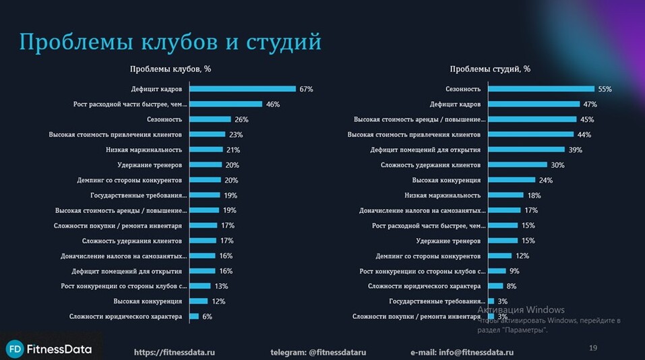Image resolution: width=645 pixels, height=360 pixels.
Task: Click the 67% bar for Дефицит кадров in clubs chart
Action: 243,89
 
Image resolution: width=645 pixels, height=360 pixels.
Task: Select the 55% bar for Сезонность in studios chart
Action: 541,89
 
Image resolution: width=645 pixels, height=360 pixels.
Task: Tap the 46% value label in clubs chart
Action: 272,104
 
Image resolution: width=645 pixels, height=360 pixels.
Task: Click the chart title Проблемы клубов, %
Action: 171,69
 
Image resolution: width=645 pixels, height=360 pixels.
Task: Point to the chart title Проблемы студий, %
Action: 490,69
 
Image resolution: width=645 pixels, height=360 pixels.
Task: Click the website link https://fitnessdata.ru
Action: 175,352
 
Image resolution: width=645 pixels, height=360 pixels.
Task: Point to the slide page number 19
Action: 593,348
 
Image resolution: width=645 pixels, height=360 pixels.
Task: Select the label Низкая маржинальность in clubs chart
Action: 144,150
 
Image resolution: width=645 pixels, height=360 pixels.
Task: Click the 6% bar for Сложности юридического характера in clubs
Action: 194,316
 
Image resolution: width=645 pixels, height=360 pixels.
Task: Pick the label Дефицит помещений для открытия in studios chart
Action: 425,150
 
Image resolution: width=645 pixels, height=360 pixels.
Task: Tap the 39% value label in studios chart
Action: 574,150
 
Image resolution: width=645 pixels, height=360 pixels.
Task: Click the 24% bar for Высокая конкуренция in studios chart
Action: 512,180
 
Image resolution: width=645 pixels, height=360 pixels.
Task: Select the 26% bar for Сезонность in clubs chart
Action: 210,119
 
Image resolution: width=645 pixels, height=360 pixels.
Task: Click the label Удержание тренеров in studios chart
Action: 448,241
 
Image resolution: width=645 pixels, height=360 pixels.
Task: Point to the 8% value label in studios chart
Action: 511,286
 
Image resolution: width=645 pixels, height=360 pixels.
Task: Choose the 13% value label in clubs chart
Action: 220,286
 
